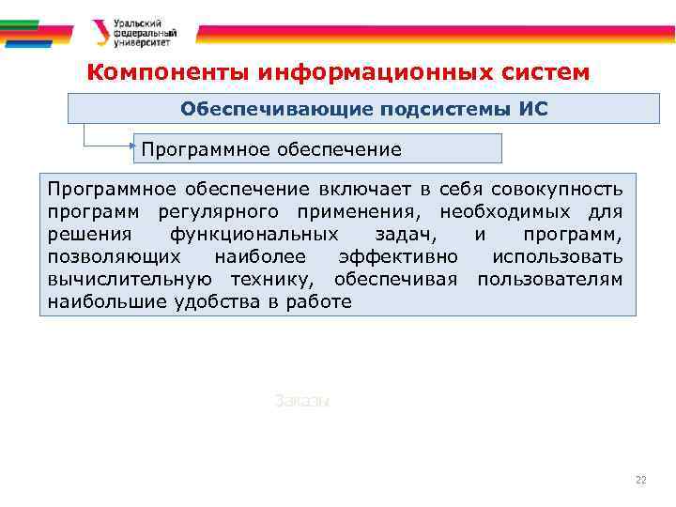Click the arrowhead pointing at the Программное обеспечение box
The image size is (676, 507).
133,146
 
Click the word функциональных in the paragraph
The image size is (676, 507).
245,234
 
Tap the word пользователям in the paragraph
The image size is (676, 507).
549,279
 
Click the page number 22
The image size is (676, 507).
641,480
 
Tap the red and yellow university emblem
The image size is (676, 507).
100,33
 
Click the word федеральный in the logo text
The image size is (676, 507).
144,32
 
